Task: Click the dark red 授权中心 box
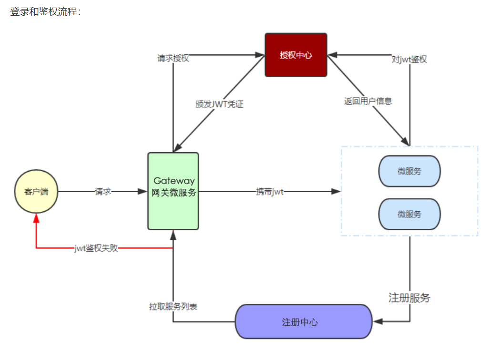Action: tap(296, 55)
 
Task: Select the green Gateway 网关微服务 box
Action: tap(173, 191)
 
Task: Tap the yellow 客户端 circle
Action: tap(36, 192)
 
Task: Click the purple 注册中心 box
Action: tap(304, 321)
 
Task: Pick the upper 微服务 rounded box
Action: tap(409, 171)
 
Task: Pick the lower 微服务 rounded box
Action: tap(409, 214)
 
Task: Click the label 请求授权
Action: tap(173, 58)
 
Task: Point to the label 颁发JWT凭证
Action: tap(219, 104)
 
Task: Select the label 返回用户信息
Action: tap(368, 101)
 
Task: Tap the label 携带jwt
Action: tap(270, 192)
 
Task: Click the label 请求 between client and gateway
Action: tap(103, 192)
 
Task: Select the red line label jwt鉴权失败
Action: tap(96, 248)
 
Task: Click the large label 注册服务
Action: tap(409, 298)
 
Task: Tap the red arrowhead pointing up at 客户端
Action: tap(36, 217)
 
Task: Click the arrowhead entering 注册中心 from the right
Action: tap(378, 321)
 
